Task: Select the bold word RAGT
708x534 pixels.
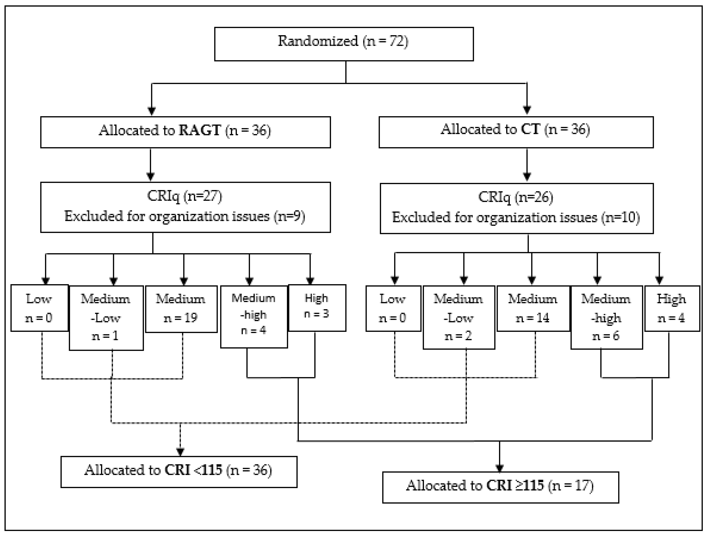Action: click(x=200, y=130)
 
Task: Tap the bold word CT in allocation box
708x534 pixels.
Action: click(x=530, y=129)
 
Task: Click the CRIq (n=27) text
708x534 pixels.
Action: click(x=184, y=196)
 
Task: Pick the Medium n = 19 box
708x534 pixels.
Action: click(x=181, y=309)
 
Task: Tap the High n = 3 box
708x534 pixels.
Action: click(x=317, y=307)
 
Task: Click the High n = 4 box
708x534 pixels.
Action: click(x=672, y=308)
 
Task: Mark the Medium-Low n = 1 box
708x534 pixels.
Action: click(x=106, y=318)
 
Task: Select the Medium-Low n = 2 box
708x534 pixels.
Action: click(x=459, y=317)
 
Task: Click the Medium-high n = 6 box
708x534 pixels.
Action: click(x=606, y=317)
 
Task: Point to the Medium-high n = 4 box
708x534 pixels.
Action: click(x=254, y=316)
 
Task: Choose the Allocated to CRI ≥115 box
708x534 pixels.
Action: click(x=500, y=487)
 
